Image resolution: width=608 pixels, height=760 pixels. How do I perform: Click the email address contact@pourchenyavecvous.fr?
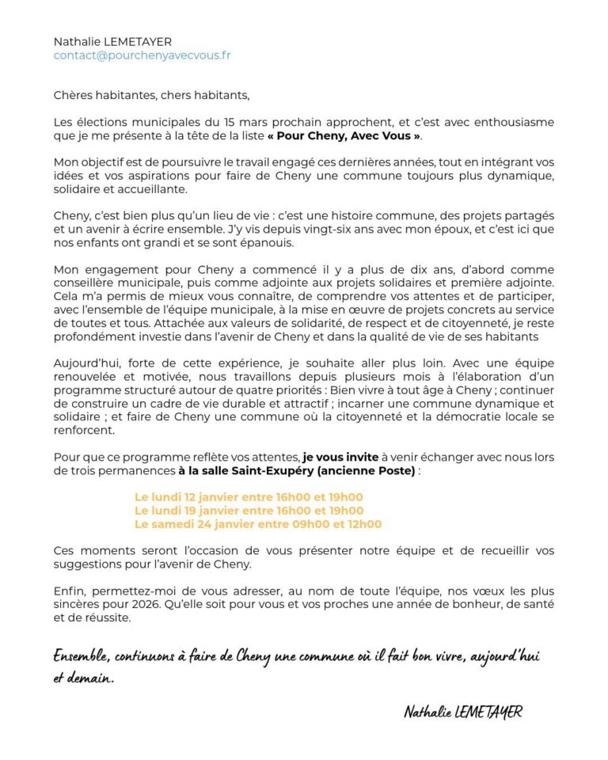pyautogui.click(x=142, y=55)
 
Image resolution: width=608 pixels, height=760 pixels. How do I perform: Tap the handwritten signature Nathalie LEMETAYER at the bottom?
pyautogui.click(x=462, y=712)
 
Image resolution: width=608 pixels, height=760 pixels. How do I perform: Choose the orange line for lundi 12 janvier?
pyautogui.click(x=249, y=497)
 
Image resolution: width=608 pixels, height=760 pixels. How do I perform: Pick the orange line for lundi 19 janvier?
pyautogui.click(x=249, y=511)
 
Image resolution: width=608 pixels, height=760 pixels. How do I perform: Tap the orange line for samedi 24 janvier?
pyautogui.click(x=258, y=524)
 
